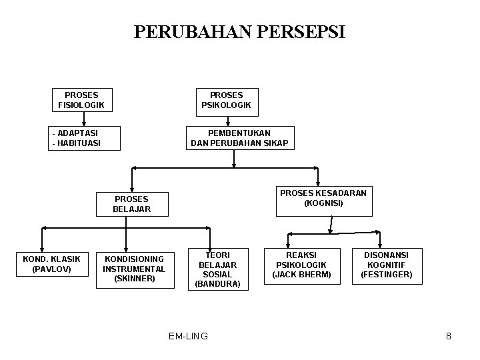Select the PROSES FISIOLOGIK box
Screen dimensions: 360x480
pyautogui.click(x=82, y=100)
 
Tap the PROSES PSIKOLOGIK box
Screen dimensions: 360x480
pyautogui.click(x=227, y=100)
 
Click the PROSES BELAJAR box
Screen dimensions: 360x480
pyautogui.click(x=132, y=203)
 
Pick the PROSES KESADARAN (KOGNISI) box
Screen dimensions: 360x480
pyautogui.click(x=323, y=198)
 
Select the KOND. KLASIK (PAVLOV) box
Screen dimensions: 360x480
pyautogui.click(x=51, y=264)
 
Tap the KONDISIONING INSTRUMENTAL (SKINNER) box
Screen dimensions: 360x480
pyautogui.click(x=134, y=269)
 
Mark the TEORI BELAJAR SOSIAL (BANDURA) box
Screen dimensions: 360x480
pyautogui.click(x=217, y=269)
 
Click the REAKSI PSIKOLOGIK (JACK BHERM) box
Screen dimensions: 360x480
pyautogui.click(x=302, y=265)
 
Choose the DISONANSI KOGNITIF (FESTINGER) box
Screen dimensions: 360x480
pyautogui.click(x=386, y=265)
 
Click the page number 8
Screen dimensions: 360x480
pyautogui.click(x=449, y=336)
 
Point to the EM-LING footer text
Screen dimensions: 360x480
pyautogui.click(x=188, y=336)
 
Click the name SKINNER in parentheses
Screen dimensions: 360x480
pyautogui.click(x=134, y=278)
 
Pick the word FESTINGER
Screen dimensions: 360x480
pyautogui.click(x=387, y=274)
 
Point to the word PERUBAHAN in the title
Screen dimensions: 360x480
pyautogui.click(x=190, y=32)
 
